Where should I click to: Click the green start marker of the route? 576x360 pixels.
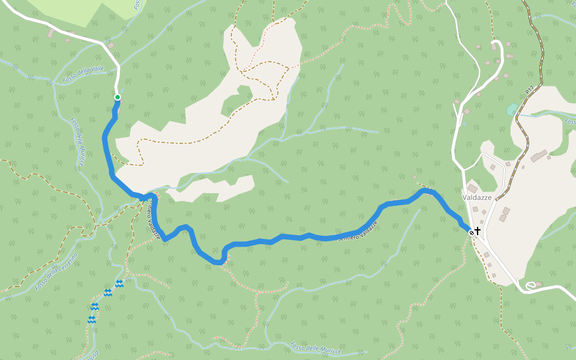pos(118,97)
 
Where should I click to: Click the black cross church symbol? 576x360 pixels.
pos(478,230)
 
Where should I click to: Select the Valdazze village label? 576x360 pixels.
pos(477,197)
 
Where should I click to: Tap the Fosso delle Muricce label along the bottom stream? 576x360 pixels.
pos(315,347)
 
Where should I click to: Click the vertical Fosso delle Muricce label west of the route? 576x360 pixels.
pos(79,142)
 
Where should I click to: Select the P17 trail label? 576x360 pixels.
pos(529,91)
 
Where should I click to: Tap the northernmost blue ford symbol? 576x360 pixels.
pos(119,283)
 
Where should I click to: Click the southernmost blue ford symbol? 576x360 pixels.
pos(91,319)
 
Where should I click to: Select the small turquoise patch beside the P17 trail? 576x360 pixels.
pos(512,109)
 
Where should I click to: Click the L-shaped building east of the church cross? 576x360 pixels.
pos(505,214)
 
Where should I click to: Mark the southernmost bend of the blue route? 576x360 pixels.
pos(218,262)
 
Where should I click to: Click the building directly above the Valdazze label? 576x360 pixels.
pos(473,188)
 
